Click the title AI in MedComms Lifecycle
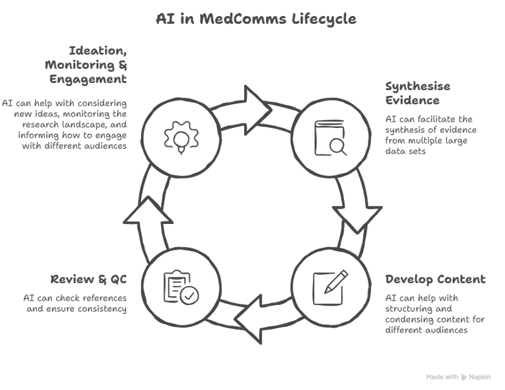pos(255,19)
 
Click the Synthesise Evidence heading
pos(417,93)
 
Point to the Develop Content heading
pos(435,279)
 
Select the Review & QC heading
pos(88,279)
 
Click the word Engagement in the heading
pos(89,79)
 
